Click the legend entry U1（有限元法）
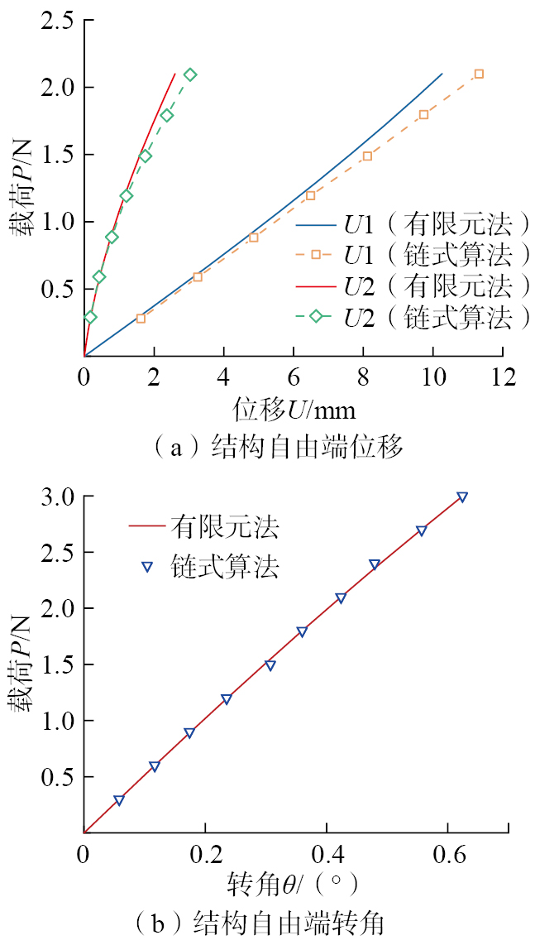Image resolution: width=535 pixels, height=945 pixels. tap(413, 223)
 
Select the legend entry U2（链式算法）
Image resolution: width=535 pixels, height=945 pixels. tap(413, 318)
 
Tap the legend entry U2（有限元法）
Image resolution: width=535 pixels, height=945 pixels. tap(413, 286)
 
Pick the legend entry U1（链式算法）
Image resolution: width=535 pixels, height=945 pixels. tap(413, 255)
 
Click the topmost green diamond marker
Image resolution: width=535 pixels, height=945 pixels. tap(190, 74)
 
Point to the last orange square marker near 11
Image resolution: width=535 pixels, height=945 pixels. tap(478, 74)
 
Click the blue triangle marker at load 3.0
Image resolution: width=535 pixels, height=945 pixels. tap(462, 497)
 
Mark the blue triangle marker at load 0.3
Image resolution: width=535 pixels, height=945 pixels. tap(119, 800)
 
